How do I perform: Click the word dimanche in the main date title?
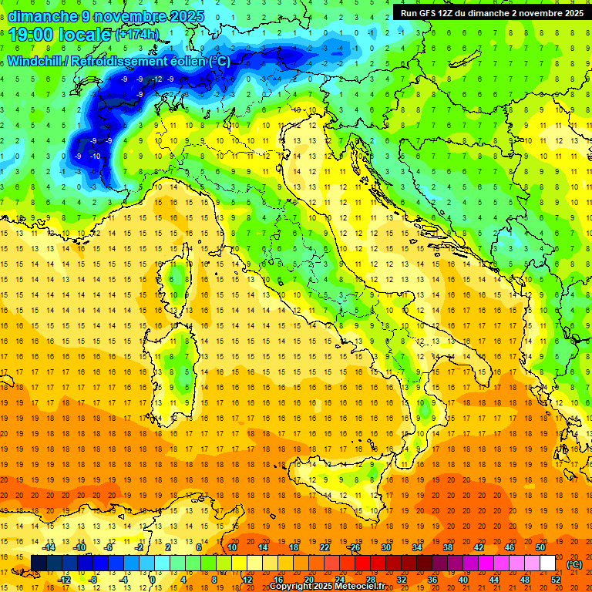[42, 16]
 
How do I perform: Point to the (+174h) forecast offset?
[137, 35]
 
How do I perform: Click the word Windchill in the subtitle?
[36, 61]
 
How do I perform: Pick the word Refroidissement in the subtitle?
[122, 61]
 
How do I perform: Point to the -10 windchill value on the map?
[95, 156]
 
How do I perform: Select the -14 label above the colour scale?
[50, 547]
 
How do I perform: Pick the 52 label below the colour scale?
[556, 580]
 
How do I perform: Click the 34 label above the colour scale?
[417, 547]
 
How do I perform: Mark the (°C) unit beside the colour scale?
[574, 563]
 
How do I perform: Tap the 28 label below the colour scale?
[370, 580]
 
